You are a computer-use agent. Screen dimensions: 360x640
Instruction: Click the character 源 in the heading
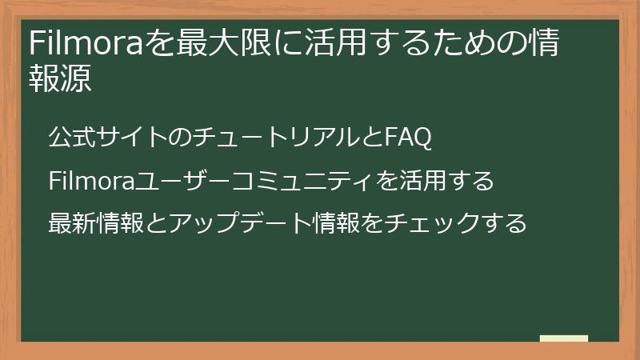[78, 79]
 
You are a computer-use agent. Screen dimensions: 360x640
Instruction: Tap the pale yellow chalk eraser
[564, 338]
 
